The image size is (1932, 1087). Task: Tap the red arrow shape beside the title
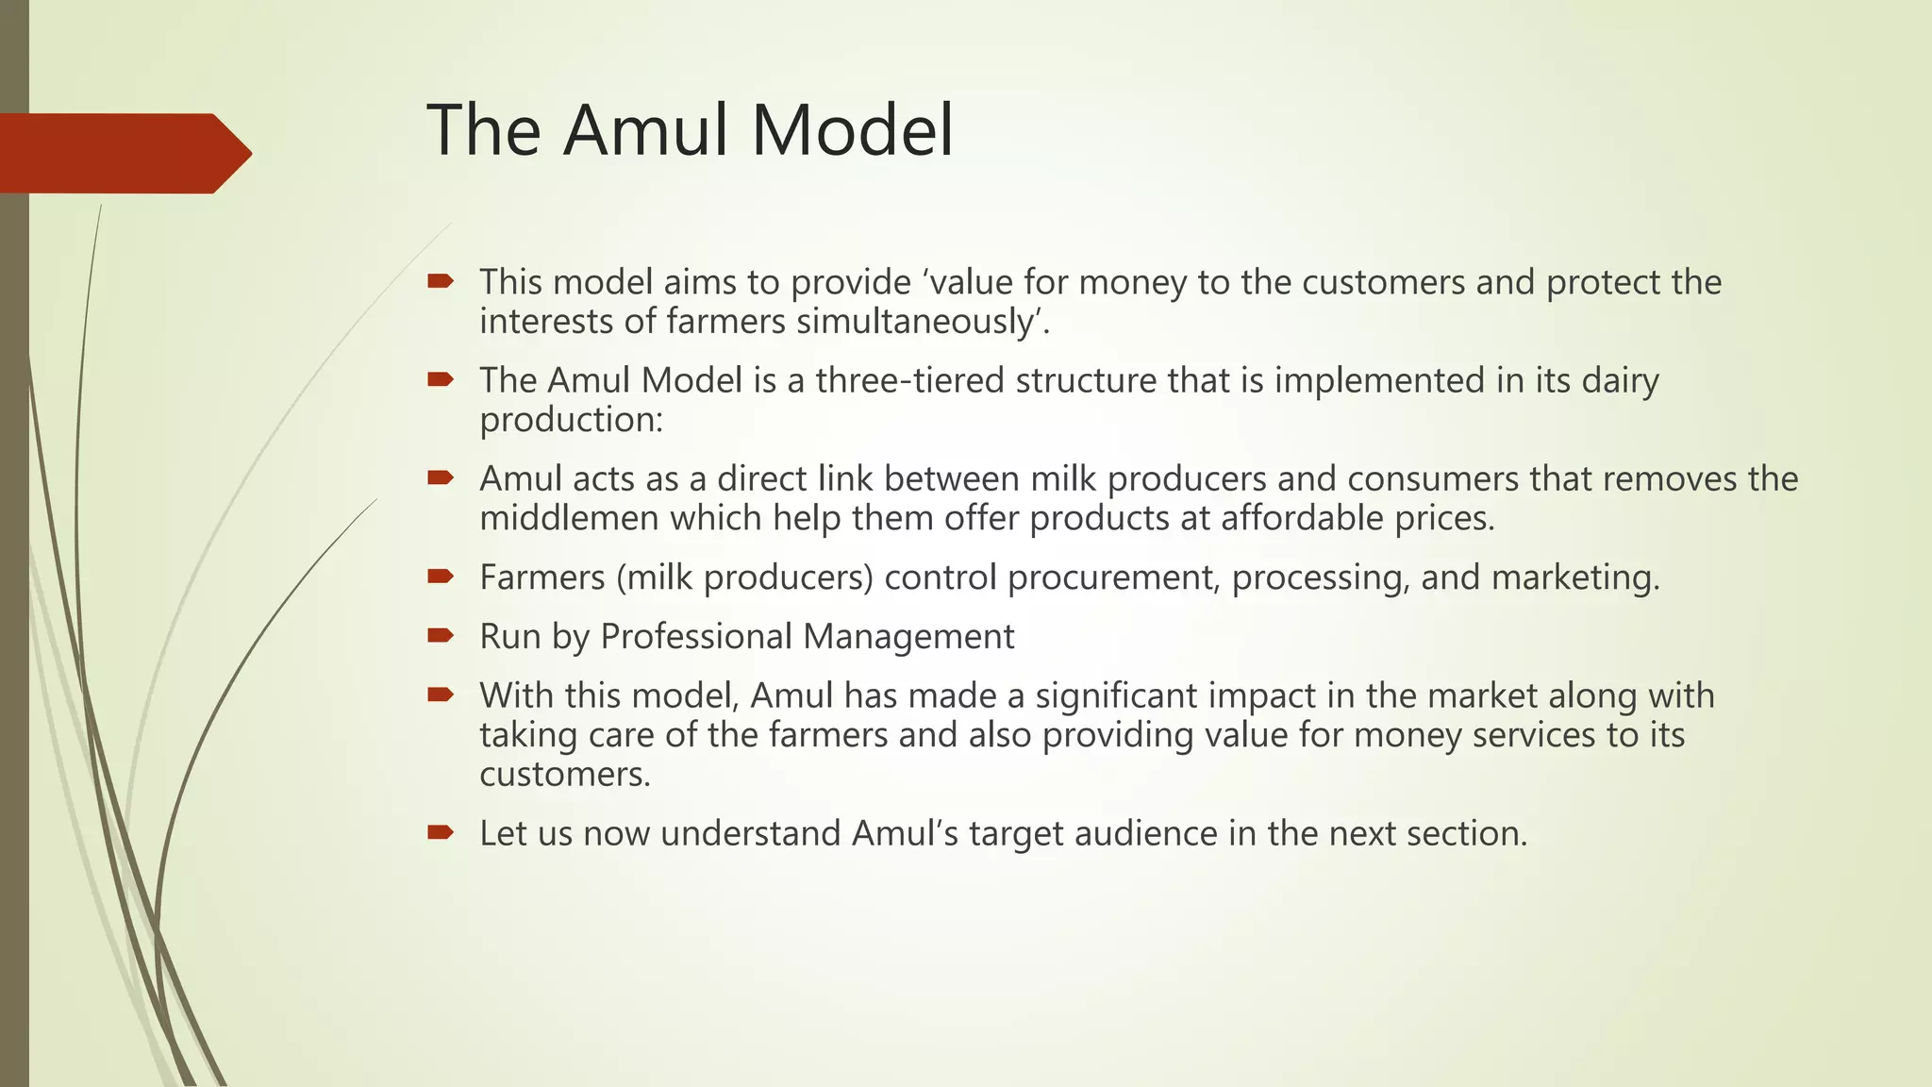coord(123,153)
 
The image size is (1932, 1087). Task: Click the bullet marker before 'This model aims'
coord(441,280)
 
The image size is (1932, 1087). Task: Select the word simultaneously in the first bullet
coord(923,322)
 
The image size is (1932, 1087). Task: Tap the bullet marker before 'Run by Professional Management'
coord(441,635)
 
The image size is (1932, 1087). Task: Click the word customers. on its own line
coord(565,775)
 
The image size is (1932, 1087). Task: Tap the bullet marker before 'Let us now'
coord(441,832)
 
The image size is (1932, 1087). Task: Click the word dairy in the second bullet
coord(1620,380)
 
